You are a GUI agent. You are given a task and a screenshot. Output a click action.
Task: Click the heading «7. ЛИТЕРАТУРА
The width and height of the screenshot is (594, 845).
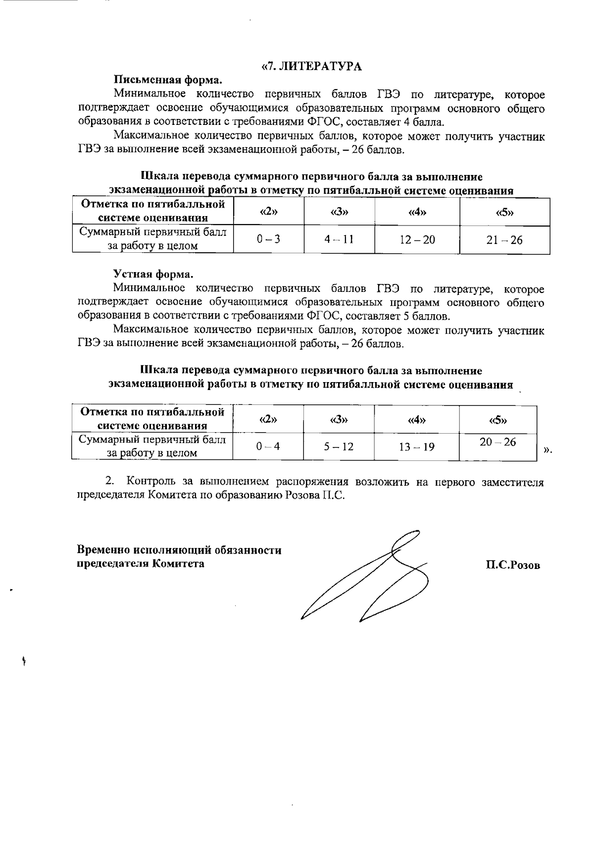pos(312,67)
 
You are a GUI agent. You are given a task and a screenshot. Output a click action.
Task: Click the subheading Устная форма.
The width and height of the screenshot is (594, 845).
pos(153,274)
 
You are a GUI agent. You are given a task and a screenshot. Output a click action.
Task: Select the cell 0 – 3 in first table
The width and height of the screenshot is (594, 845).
pos(268,239)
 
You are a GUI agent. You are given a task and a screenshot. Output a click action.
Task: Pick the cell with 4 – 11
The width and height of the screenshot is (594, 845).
pos(339,239)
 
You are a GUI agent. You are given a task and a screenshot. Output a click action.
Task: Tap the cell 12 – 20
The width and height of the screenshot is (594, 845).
pos(417,240)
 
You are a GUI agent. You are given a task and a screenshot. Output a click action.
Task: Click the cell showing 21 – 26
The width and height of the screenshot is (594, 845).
pos(504,240)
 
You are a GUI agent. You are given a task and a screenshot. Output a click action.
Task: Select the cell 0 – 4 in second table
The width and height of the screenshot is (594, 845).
pos(268,446)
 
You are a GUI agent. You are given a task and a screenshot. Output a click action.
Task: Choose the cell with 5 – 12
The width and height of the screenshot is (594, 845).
pos(339,447)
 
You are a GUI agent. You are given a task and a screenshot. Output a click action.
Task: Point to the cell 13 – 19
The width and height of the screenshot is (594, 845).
pos(417,447)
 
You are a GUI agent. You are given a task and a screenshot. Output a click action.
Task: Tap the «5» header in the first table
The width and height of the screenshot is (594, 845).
pos(504,213)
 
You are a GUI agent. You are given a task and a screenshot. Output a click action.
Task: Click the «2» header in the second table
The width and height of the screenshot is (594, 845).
pos(268,419)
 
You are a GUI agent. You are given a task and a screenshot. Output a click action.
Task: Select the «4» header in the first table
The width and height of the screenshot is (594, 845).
pos(417,213)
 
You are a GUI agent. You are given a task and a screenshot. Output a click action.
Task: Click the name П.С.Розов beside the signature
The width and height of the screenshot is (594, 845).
pos(513,565)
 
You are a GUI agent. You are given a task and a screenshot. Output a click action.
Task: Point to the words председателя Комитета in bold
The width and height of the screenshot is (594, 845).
pos(141,563)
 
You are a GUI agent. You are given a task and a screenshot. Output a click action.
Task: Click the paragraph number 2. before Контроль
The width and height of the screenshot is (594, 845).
pos(110,482)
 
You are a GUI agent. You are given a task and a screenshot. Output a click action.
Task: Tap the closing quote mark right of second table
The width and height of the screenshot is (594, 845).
pos(547,451)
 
